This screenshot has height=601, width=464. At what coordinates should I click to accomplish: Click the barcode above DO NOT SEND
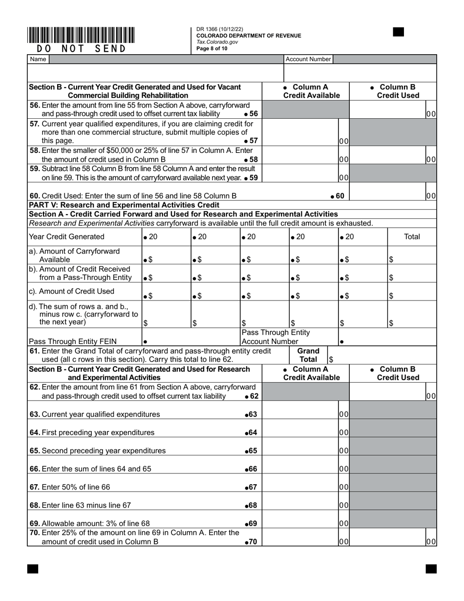click(81, 35)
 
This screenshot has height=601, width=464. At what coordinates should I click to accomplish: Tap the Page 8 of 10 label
click(212, 48)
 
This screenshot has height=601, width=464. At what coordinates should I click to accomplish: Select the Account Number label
click(308, 59)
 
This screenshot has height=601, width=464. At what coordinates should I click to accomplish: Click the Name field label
click(38, 59)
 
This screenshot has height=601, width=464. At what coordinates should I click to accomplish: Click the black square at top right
click(398, 32)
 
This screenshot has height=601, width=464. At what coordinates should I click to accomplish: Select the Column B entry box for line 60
click(387, 195)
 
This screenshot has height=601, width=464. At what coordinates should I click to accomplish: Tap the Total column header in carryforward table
click(412, 236)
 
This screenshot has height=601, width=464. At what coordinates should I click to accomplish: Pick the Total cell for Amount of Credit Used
click(412, 296)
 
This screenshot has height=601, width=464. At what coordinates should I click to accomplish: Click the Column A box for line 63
click(300, 414)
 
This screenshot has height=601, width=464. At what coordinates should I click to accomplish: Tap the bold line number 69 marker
click(251, 523)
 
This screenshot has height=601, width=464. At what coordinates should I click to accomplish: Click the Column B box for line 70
click(387, 541)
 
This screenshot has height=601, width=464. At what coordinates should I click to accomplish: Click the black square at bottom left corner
click(33, 568)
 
